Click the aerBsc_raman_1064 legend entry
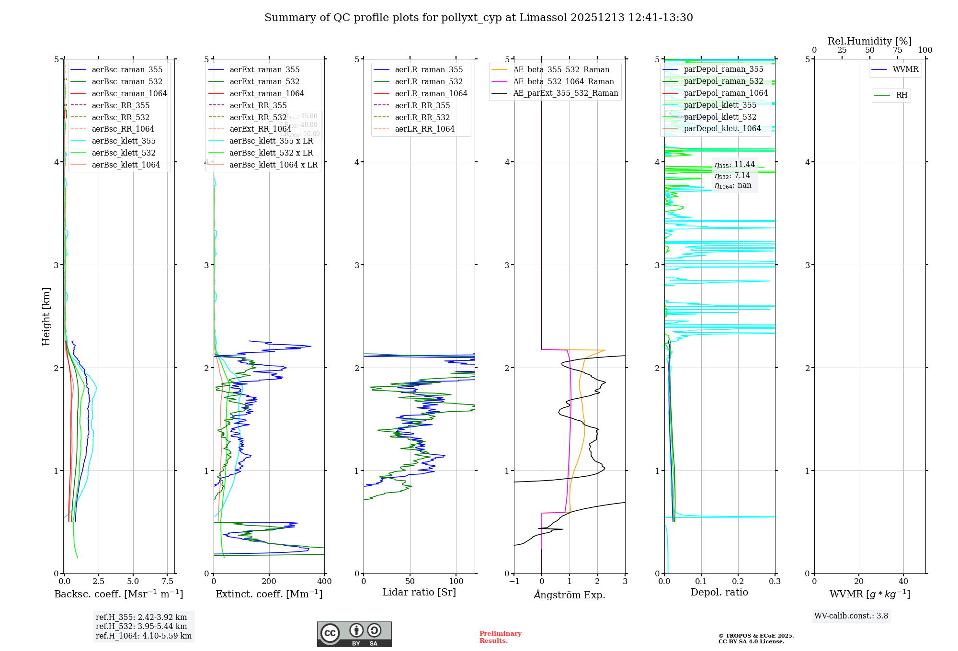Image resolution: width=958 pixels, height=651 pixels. tap(129, 93)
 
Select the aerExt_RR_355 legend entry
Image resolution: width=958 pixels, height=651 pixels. tap(258, 105)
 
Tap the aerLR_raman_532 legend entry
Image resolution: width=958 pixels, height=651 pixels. tap(429, 81)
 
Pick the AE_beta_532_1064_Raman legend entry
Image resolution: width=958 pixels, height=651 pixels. tap(563, 81)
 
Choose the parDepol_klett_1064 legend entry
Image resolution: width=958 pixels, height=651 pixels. tap(722, 128)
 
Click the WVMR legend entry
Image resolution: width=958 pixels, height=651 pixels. tap(905, 69)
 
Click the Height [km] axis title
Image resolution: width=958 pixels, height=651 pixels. tap(46, 316)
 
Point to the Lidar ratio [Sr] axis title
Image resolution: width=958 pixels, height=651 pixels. tap(419, 592)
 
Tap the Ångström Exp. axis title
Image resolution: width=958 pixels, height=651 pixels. tap(570, 595)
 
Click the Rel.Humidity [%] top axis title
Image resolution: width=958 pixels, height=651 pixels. tap(869, 41)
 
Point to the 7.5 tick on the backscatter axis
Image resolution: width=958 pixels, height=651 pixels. tap(167, 582)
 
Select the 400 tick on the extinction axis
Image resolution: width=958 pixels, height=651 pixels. tap(324, 582)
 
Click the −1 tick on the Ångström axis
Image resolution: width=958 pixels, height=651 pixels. tap(514, 582)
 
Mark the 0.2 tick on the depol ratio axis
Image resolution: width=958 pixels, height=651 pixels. tap(738, 582)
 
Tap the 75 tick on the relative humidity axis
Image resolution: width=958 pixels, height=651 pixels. tap(897, 50)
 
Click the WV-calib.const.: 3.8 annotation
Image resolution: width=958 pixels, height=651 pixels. tap(851, 616)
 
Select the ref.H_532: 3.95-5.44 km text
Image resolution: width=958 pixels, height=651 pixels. tap(141, 627)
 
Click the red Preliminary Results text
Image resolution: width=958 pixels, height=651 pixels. tap(500, 637)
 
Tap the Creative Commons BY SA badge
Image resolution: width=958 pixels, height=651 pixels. tap(354, 634)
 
